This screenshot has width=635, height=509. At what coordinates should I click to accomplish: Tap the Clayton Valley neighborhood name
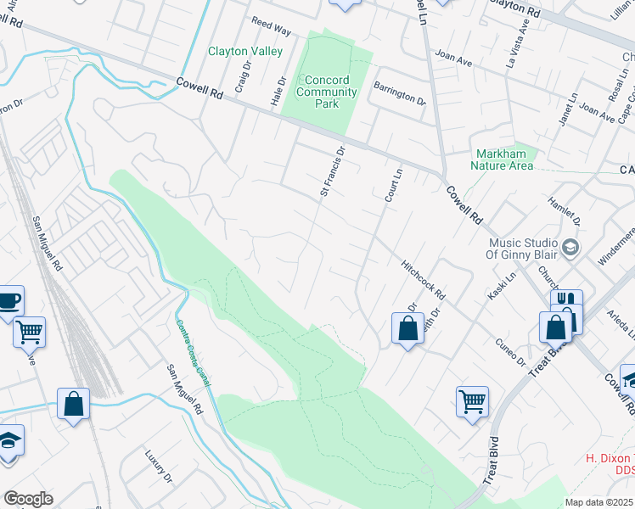[x=245, y=52]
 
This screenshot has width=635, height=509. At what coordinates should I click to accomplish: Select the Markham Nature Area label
[x=504, y=159]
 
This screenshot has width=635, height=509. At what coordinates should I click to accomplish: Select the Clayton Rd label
[x=514, y=12]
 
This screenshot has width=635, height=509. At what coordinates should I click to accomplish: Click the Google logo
[x=28, y=499]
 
